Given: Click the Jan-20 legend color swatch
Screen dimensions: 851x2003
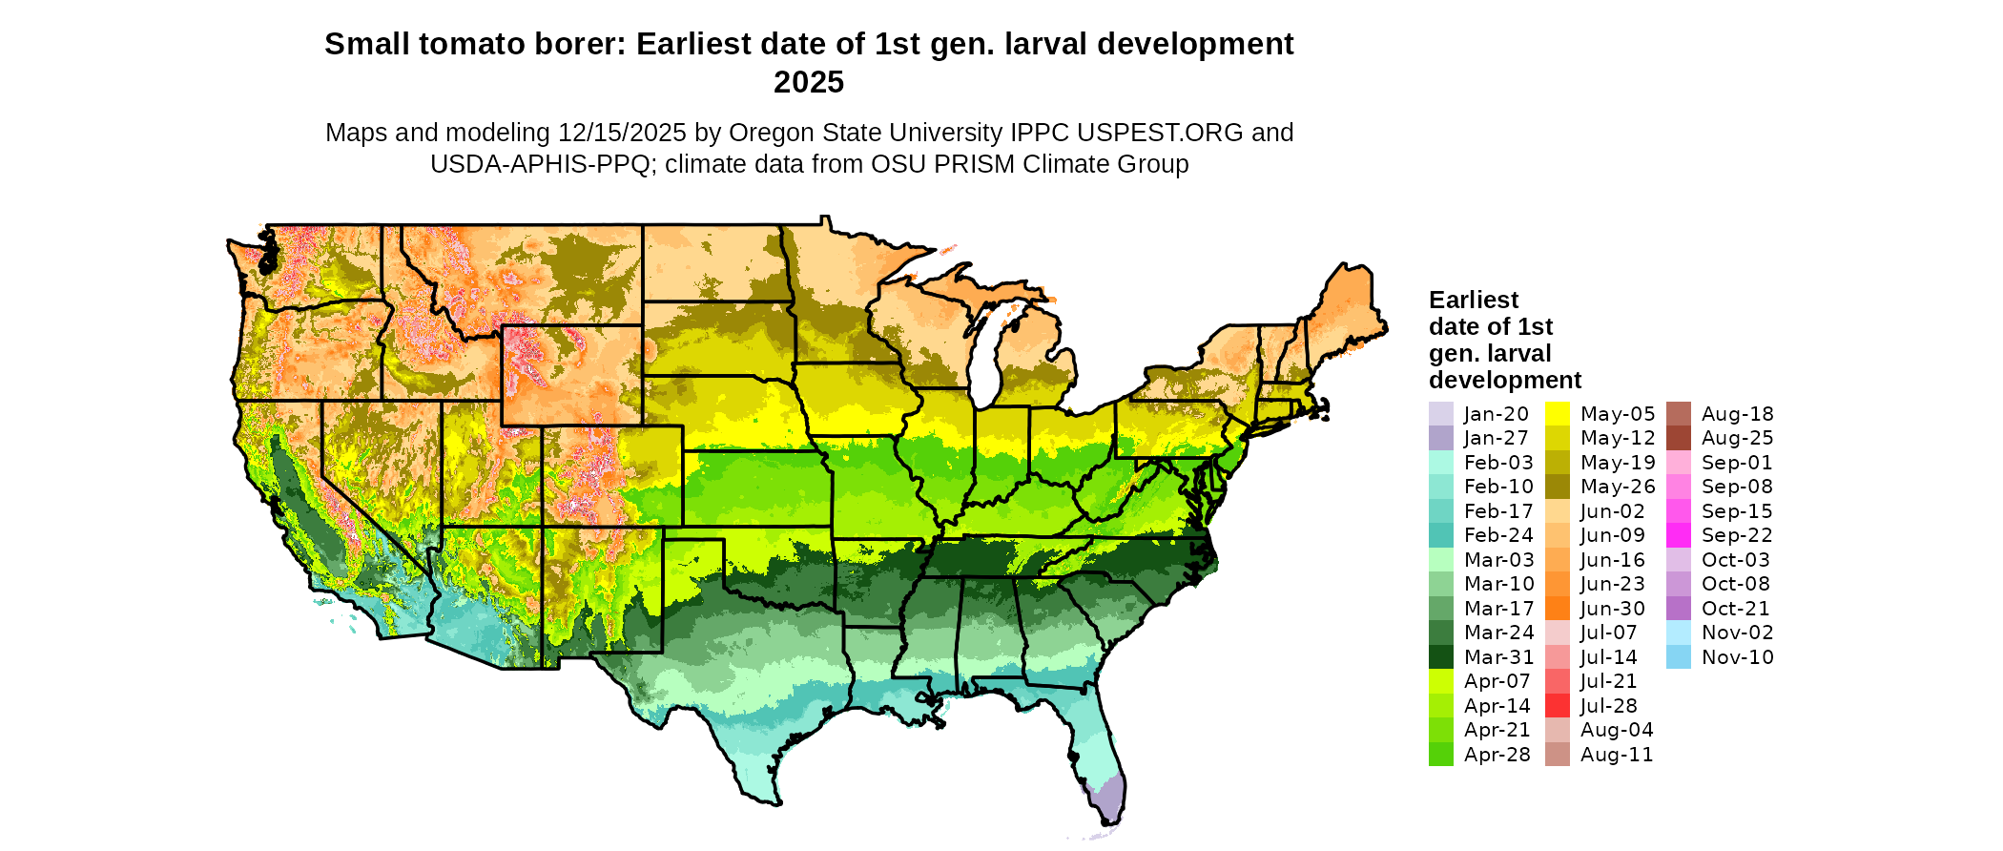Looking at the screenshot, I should [x=1440, y=414].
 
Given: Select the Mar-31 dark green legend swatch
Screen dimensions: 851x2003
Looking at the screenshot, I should [x=1440, y=657].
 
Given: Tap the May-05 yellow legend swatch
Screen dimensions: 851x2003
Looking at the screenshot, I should [x=1557, y=414].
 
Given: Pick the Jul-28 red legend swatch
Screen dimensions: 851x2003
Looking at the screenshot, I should [x=1557, y=706].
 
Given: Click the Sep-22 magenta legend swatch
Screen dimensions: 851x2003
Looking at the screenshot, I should [x=1678, y=535].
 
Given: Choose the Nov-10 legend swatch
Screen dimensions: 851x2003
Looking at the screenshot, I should [x=1678, y=657].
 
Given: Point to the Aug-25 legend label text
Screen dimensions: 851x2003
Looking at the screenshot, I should [x=1737, y=439].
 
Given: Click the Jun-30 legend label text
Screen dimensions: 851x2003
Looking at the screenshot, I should [x=1612, y=609].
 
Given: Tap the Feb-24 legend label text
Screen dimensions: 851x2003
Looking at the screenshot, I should [x=1498, y=535].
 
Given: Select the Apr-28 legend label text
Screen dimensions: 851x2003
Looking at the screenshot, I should [x=1497, y=755].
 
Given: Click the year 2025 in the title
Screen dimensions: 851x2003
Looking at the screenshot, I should [x=808, y=82].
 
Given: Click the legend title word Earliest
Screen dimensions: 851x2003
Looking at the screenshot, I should [x=1473, y=301].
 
